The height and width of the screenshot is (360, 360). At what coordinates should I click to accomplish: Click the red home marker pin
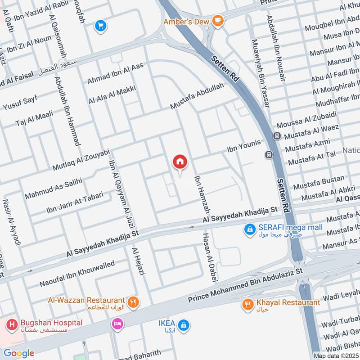(x=180, y=162)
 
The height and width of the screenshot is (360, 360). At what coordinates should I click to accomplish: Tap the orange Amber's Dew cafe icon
(x=218, y=20)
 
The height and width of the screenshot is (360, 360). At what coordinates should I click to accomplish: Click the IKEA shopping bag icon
(x=183, y=324)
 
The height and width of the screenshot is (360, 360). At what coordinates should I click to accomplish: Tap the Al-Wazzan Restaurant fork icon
(x=133, y=302)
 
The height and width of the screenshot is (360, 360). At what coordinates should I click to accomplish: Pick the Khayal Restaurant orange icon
(x=247, y=305)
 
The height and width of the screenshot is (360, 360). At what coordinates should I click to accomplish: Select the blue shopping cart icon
(x=100, y=26)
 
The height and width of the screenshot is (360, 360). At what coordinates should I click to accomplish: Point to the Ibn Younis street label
(x=244, y=145)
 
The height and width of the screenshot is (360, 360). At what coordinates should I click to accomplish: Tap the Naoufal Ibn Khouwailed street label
(x=77, y=274)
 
